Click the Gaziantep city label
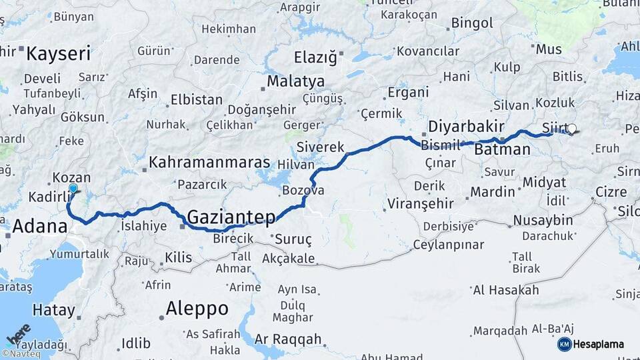coord(231,217)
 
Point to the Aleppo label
coord(197,309)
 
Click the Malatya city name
coord(295,81)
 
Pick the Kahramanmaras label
coord(209,163)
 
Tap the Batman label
coord(502,150)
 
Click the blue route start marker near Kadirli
coord(73,189)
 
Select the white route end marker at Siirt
coord(572,129)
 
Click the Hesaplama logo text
coord(599,345)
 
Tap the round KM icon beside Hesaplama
coord(564,345)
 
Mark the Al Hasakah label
coord(505,290)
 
